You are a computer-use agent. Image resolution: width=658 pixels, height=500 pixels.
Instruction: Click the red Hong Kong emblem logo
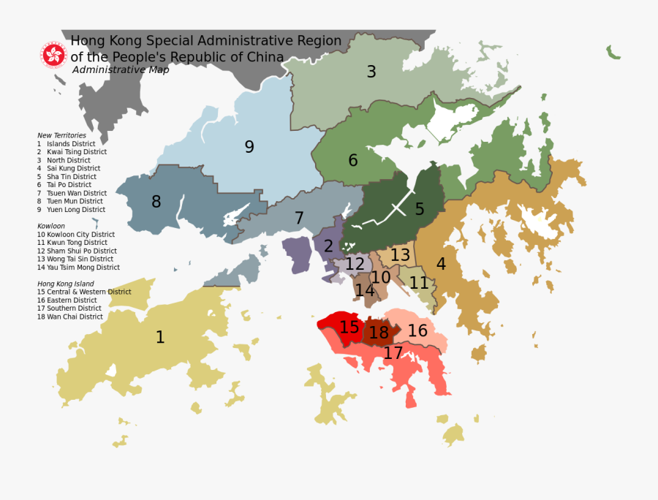tap(53, 55)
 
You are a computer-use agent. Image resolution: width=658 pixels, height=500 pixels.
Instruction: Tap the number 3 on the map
tap(371, 72)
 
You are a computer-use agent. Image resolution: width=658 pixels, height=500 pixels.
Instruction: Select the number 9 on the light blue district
tap(249, 147)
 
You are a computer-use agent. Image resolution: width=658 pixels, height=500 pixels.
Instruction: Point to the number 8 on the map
tap(156, 202)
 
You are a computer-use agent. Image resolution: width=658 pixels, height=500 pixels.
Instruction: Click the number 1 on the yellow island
tap(160, 337)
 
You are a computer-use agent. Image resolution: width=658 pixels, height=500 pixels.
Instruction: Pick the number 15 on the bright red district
tap(349, 327)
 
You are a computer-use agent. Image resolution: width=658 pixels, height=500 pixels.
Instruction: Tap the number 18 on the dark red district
tap(379, 333)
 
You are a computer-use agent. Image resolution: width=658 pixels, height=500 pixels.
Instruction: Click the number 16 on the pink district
tap(417, 330)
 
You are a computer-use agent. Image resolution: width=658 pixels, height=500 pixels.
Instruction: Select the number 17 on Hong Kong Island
tap(393, 353)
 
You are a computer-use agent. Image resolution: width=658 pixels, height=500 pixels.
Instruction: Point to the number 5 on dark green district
tap(420, 209)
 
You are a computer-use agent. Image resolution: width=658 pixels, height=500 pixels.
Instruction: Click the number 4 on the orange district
tap(441, 264)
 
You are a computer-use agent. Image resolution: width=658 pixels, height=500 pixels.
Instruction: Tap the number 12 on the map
tap(355, 264)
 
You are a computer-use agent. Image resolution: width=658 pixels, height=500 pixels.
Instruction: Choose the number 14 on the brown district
tap(364, 290)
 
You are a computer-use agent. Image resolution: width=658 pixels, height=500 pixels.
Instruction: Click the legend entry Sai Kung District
tap(69, 168)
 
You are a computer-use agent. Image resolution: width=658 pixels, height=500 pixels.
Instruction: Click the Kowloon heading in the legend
tap(51, 226)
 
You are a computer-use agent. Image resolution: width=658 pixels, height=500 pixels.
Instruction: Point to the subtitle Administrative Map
tap(121, 70)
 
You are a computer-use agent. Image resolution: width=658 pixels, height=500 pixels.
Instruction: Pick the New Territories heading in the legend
tap(61, 135)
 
